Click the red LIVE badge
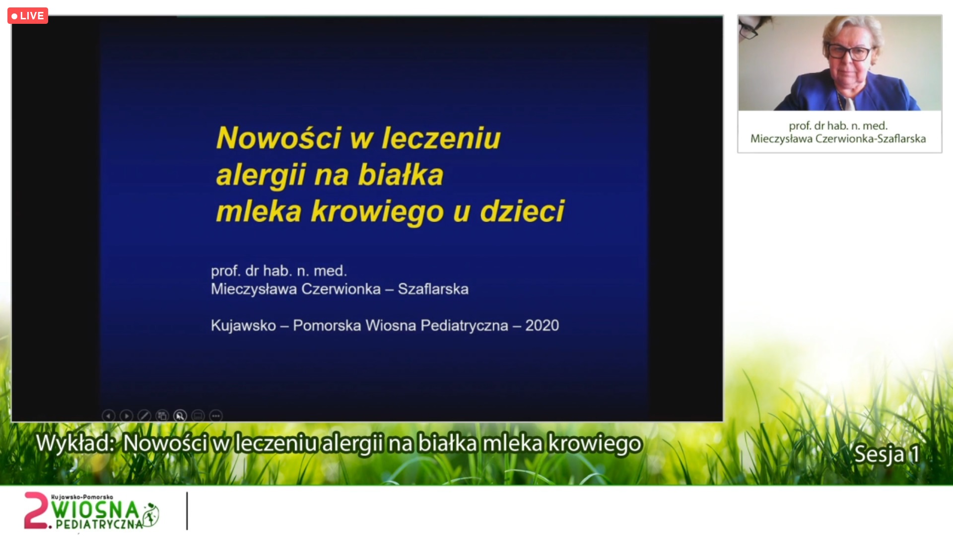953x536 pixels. pyautogui.click(x=28, y=16)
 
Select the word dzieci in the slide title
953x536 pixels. pyautogui.click(x=522, y=211)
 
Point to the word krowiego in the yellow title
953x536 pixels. pyautogui.click(x=377, y=212)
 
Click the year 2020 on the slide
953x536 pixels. pyautogui.click(x=542, y=326)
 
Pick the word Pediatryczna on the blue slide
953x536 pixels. pyautogui.click(x=465, y=326)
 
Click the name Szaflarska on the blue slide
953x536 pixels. pyautogui.click(x=433, y=289)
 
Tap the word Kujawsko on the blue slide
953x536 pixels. pyautogui.click(x=243, y=326)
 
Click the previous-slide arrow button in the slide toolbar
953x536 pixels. pyautogui.click(x=108, y=416)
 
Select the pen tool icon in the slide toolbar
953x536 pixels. pyautogui.click(x=144, y=416)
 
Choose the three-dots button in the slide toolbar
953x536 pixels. pyautogui.click(x=216, y=416)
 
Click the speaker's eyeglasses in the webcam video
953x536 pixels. pyautogui.click(x=849, y=52)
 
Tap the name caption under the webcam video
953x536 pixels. pyautogui.click(x=838, y=132)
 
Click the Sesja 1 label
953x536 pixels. pyautogui.click(x=886, y=454)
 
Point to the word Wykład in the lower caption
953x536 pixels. pyautogui.click(x=75, y=443)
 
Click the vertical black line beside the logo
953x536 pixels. pyautogui.click(x=187, y=511)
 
